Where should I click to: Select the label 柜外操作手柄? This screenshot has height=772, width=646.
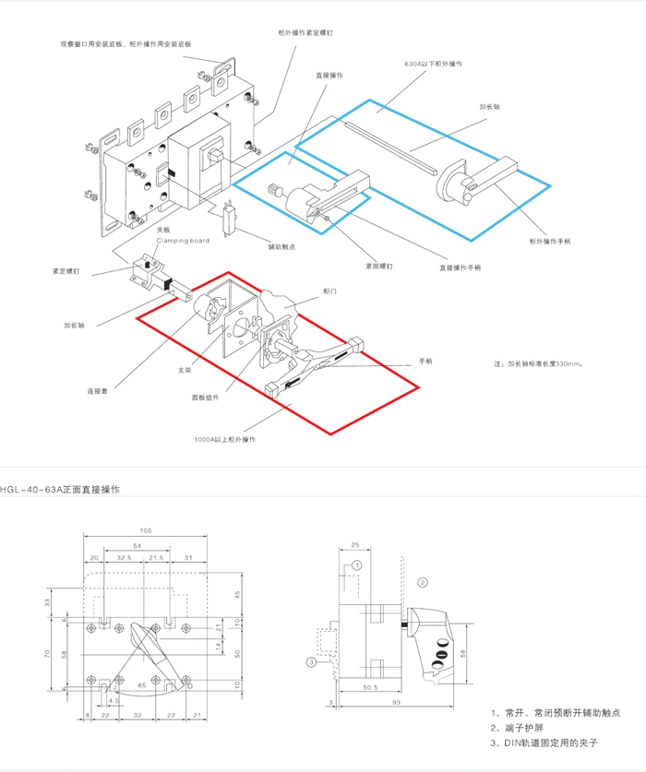coord(550,241)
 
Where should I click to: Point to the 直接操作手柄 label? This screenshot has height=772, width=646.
coord(460,267)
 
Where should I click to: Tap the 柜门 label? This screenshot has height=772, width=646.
coord(329,291)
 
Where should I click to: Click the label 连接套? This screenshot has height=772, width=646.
coord(98,390)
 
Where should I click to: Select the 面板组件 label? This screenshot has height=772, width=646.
coord(205,398)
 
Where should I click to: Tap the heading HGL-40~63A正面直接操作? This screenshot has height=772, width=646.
coord(60,488)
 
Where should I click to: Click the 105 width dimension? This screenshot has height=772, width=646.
coord(147,530)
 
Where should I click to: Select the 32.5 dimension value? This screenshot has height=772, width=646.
coord(123,559)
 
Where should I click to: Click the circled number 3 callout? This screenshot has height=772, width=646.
coord(312,661)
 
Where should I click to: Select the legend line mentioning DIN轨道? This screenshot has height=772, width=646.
coord(546,742)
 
